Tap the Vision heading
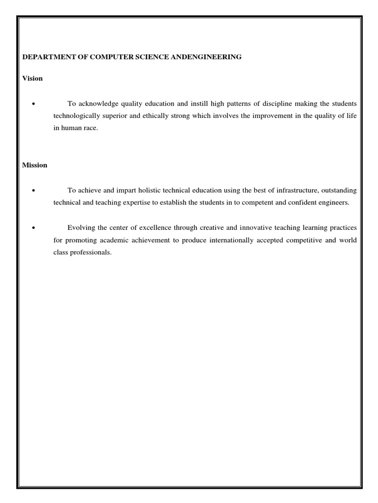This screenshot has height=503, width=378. [x=32, y=79]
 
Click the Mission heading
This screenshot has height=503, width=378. [x=35, y=165]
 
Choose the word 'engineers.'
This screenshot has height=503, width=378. [x=333, y=202]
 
